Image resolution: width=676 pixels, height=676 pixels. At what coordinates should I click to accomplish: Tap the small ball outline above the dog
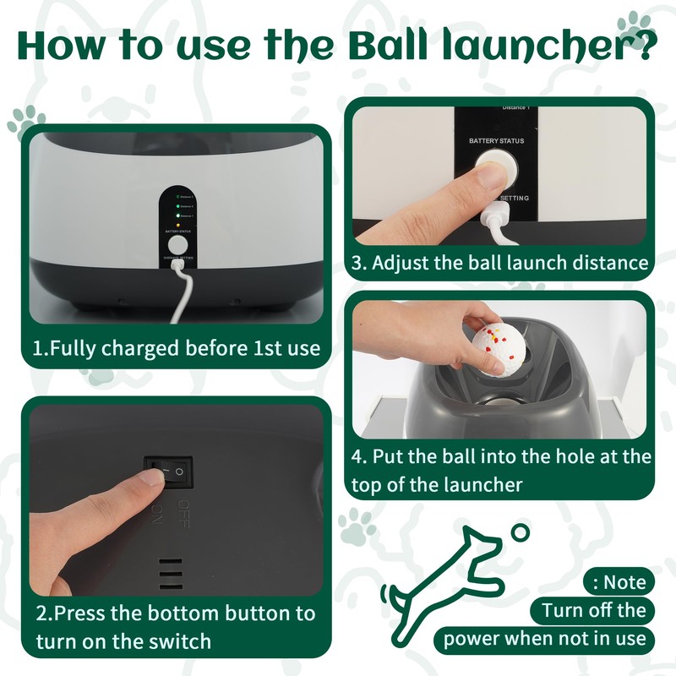pyautogui.click(x=521, y=532)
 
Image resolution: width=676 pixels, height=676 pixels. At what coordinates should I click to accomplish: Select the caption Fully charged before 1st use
pyautogui.click(x=177, y=348)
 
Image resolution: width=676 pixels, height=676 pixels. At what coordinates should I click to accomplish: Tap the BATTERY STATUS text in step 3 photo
pyautogui.click(x=496, y=140)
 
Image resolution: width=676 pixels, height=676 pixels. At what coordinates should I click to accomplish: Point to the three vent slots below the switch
pyautogui.click(x=170, y=572)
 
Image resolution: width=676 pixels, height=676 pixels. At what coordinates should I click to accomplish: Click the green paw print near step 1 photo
pyautogui.click(x=25, y=121)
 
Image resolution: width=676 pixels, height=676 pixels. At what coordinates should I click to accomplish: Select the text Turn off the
pyautogui.click(x=593, y=610)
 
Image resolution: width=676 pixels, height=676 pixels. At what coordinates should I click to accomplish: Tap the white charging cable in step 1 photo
pyautogui.click(x=180, y=292)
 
